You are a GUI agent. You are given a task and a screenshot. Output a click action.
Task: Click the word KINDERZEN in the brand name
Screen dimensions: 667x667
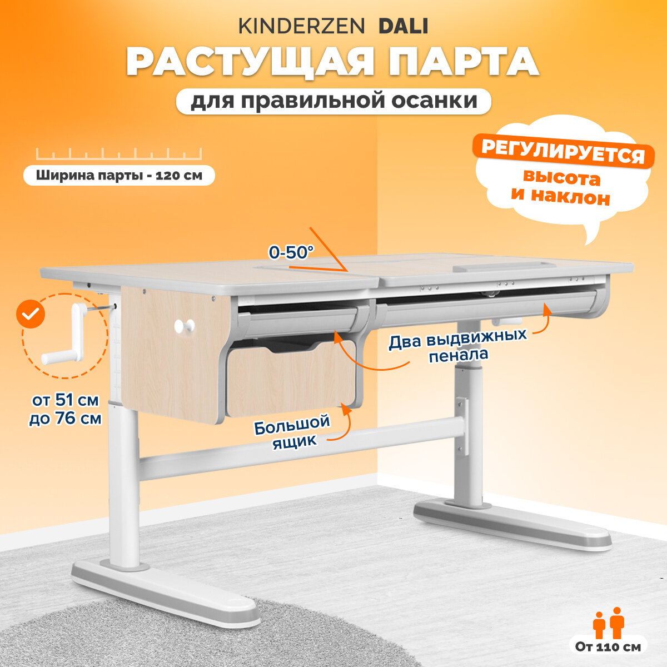pyautogui.click(x=302, y=26)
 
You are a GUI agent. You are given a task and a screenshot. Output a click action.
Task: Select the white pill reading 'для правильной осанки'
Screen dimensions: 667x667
pyautogui.click(x=333, y=101)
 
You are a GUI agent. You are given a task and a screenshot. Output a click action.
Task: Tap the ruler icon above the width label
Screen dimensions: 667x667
pyautogui.click(x=119, y=154)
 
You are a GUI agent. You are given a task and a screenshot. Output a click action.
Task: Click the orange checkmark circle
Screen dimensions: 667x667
pyautogui.click(x=30, y=315)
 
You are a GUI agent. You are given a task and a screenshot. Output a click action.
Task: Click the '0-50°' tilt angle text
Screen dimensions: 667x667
pyautogui.click(x=291, y=252)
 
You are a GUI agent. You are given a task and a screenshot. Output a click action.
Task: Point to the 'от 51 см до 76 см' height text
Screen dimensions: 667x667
pyautogui.click(x=66, y=409)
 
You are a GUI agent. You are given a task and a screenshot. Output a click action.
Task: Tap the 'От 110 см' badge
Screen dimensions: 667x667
pyautogui.click(x=608, y=646)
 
